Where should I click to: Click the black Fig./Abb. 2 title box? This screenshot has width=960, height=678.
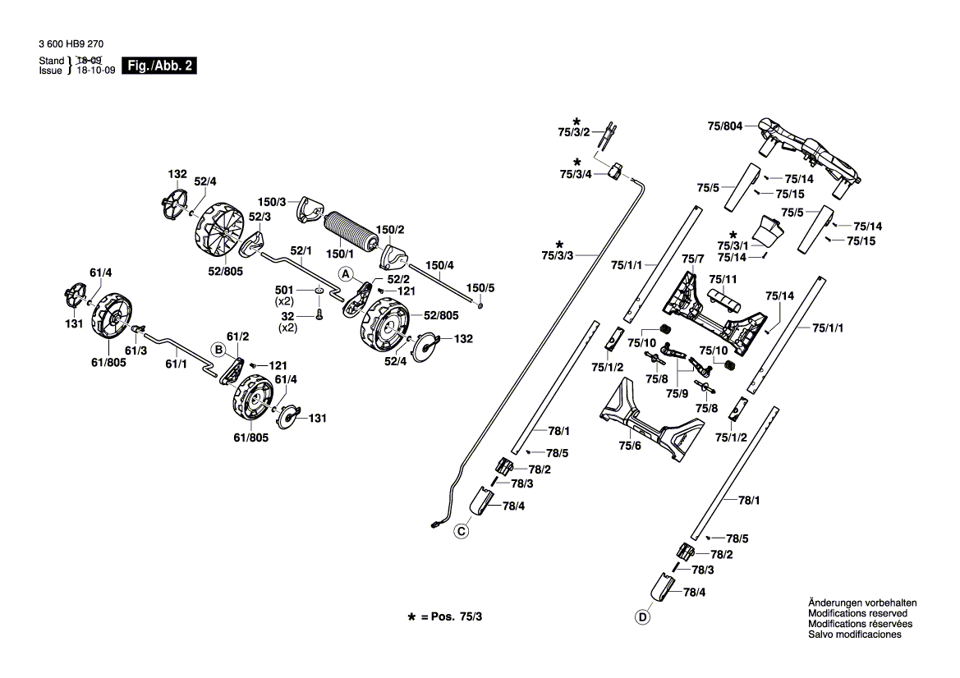(158, 66)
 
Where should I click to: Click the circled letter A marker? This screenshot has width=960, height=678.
(346, 273)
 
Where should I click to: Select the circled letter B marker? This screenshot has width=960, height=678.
(218, 349)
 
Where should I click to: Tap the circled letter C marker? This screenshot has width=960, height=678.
(462, 533)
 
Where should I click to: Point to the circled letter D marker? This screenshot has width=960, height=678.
(641, 617)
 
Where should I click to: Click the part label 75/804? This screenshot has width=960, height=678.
(724, 126)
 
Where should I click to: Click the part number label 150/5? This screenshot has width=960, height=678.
(480, 288)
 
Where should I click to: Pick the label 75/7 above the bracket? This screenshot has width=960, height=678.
(694, 259)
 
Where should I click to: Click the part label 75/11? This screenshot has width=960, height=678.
(723, 280)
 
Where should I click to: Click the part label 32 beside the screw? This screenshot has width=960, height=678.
(287, 316)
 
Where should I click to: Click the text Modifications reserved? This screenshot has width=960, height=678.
(857, 613)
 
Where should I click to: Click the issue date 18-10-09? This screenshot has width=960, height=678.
(94, 71)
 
